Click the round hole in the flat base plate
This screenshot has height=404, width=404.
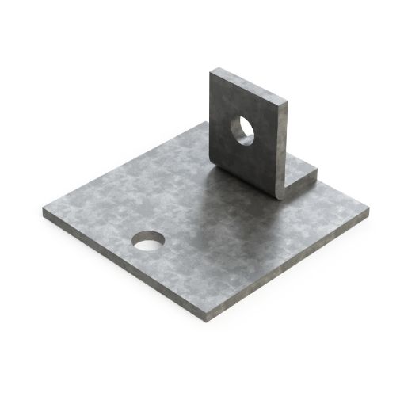point(149,239)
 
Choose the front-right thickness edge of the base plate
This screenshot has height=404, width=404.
point(293,265)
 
